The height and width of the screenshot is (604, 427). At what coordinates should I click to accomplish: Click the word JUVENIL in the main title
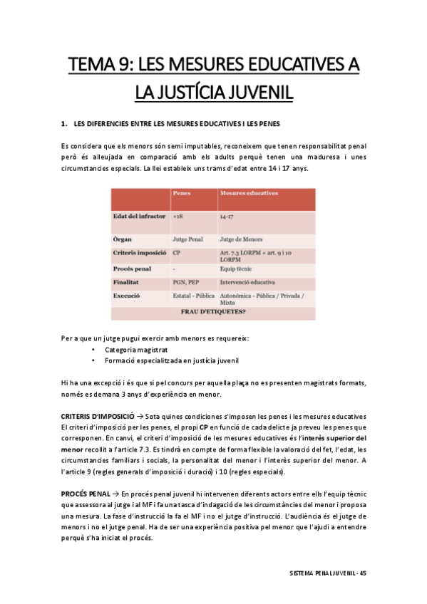pyautogui.click(x=253, y=93)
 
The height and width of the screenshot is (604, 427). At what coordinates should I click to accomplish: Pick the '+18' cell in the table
pyautogui.click(x=178, y=216)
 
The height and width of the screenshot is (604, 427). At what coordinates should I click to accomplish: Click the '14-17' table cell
pyautogui.click(x=227, y=216)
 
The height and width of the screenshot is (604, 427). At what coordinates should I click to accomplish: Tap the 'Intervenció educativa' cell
pyautogui.click(x=249, y=282)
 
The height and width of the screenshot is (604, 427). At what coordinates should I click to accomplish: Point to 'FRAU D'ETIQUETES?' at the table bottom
pyautogui.click(x=214, y=311)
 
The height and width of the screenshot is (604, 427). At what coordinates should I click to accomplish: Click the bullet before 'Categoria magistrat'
pyautogui.click(x=93, y=350)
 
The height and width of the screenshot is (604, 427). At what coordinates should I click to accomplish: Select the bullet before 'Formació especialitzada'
pyautogui.click(x=93, y=360)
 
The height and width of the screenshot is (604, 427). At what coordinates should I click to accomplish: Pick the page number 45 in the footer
pyautogui.click(x=363, y=573)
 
